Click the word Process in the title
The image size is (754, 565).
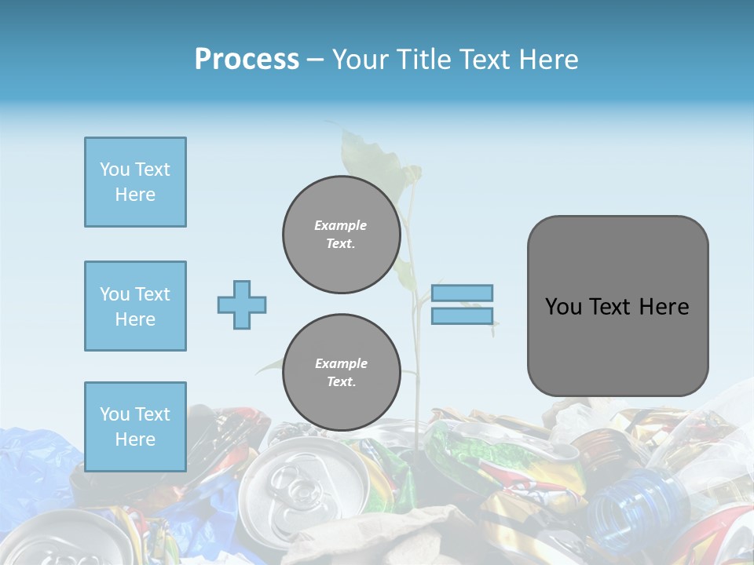247,59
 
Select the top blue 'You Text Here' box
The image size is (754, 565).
135,182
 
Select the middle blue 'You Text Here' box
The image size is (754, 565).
135,306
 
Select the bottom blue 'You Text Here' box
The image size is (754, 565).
135,427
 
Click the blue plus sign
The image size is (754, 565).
241,304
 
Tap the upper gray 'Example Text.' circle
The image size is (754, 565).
341,234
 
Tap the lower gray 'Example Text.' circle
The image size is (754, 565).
341,372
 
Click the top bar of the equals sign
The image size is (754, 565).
462,293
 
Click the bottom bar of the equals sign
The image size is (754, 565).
462,316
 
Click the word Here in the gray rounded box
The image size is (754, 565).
664,307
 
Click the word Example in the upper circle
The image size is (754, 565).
341,225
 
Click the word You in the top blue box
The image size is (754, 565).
114,169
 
